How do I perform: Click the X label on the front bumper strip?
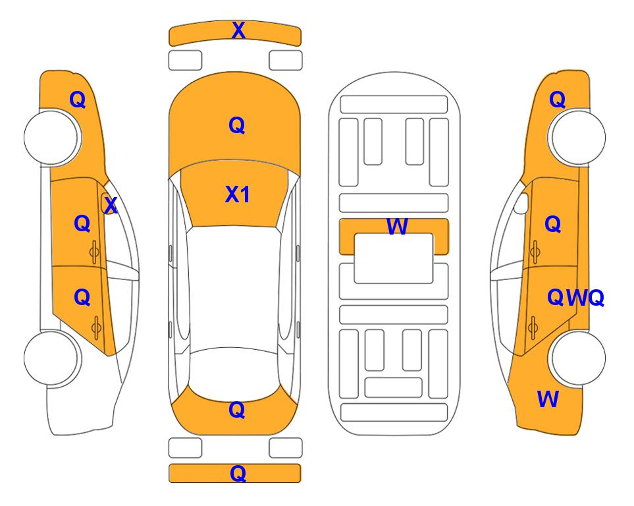tap(238, 30)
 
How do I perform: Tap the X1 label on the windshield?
tap(238, 194)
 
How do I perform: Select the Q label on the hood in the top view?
tap(237, 125)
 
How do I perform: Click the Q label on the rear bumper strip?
tap(238, 473)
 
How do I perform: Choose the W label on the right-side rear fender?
tap(548, 399)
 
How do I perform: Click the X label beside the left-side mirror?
tap(111, 206)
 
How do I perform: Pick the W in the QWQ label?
tap(577, 298)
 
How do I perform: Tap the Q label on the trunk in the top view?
tap(237, 410)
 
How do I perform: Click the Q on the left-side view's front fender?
tap(78, 99)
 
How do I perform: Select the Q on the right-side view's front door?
tap(553, 224)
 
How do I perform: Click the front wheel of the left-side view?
tap(51, 137)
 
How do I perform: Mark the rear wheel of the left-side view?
tap(51, 358)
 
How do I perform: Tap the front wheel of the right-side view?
tap(578, 137)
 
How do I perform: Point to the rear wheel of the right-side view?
tap(578, 358)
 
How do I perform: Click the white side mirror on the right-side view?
tap(521, 203)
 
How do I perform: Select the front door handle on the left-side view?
tap(95, 252)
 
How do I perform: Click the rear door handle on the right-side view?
tap(533, 327)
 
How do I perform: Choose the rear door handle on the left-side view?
tap(96, 327)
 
